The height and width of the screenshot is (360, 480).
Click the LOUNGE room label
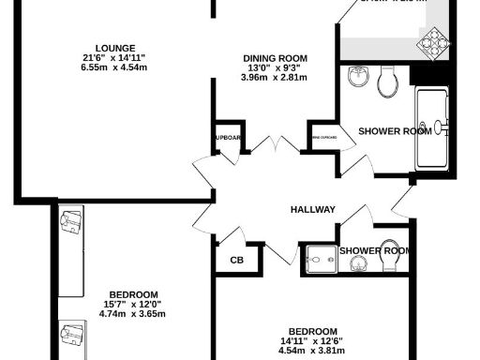114,48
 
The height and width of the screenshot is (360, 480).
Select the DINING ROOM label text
275,56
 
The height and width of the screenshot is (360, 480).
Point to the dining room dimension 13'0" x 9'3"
275,67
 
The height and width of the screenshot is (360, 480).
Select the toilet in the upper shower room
386,83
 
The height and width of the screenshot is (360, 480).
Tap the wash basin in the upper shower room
357,76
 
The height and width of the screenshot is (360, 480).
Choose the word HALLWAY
312,209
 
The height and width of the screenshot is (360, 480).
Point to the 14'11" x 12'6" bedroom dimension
312,341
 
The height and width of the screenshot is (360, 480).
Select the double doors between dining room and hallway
273,148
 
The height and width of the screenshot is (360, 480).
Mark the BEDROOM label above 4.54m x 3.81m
312,331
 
